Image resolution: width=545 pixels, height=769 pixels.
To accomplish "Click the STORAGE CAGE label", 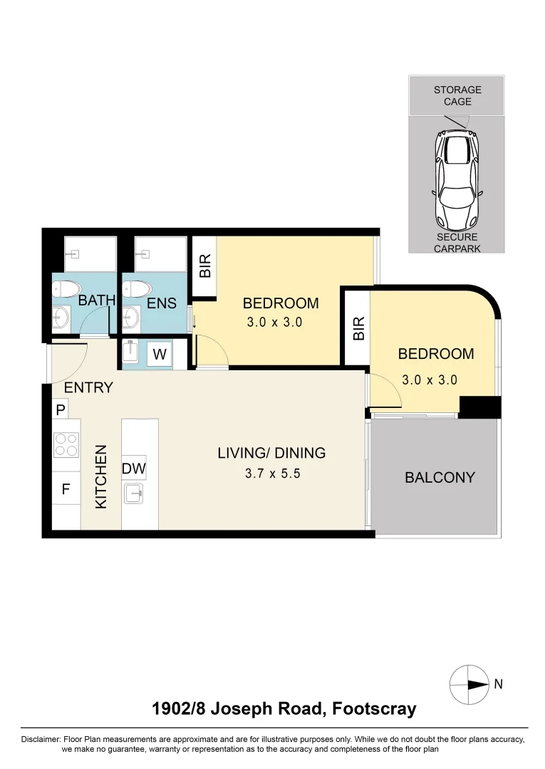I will point(457,95).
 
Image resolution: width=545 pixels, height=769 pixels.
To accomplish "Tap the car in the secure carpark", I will point(457,178).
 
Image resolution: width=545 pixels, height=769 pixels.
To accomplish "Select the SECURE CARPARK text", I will point(457,243).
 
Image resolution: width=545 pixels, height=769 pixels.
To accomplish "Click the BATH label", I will point(97,300).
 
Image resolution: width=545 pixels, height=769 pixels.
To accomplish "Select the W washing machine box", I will point(160,354).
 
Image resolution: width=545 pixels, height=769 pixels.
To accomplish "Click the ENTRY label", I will point(88,388).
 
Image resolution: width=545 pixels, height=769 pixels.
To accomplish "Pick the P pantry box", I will point(61,409).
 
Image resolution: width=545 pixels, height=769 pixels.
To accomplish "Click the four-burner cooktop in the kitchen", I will point(66,445).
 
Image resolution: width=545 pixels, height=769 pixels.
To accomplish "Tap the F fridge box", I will point(66,490).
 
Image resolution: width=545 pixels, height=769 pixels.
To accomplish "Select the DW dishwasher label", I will point(134,469).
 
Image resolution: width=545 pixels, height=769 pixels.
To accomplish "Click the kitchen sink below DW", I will point(134,493).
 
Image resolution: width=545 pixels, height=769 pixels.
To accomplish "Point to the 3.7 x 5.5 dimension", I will point(272,472).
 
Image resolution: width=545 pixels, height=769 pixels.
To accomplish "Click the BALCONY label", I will point(440,477).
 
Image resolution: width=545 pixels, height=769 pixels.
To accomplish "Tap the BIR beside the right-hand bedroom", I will point(358,328).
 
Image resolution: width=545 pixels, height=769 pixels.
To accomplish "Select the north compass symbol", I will point(468,684).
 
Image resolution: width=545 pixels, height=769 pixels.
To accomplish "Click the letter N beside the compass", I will point(499,684).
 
